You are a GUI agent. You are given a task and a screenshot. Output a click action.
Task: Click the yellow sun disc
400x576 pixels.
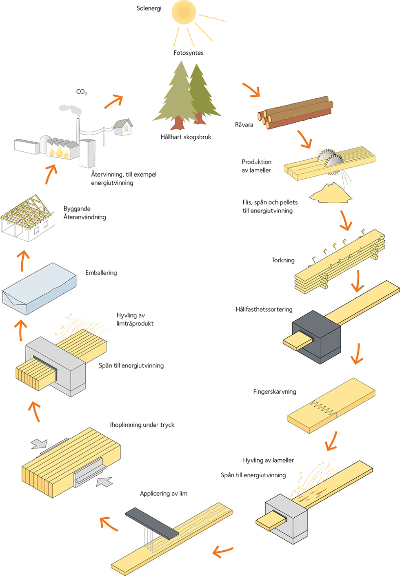(x=184, y=12)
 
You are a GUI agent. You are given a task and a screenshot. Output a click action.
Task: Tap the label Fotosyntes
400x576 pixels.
(x=188, y=53)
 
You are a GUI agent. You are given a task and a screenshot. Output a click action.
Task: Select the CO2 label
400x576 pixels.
(x=81, y=92)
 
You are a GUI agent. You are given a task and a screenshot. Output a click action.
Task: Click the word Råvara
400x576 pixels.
(x=244, y=125)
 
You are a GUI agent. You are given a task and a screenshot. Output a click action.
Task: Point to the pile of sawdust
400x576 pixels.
(x=331, y=193)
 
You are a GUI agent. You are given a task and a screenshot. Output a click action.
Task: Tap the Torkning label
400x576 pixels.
(x=283, y=260)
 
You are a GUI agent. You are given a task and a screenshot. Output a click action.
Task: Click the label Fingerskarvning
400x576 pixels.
(x=275, y=392)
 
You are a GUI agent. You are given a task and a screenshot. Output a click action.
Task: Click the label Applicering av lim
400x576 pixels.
(x=164, y=494)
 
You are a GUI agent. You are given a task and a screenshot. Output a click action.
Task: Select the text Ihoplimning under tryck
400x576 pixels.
(x=142, y=425)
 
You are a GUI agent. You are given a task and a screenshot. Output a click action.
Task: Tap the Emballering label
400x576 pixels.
(x=101, y=273)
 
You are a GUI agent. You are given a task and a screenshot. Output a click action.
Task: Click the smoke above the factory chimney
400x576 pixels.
(x=70, y=109)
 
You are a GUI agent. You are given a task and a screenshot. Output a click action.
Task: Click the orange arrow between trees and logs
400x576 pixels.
(x=251, y=90)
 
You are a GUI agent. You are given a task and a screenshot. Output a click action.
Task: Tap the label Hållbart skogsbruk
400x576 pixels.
(x=186, y=137)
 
